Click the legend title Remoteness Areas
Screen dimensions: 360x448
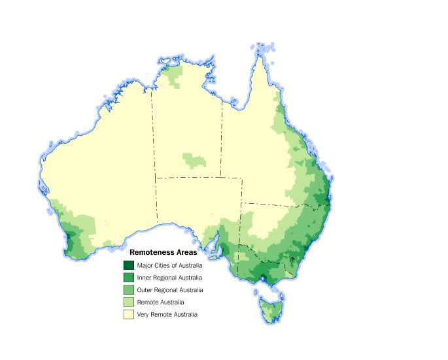point(163,252)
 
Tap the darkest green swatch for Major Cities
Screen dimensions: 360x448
point(129,265)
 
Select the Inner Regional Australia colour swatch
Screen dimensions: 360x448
point(129,278)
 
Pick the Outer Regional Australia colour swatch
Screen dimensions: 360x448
point(129,290)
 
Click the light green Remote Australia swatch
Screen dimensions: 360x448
point(129,302)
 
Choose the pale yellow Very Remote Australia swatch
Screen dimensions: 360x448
point(129,314)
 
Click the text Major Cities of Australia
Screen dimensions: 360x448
point(169,265)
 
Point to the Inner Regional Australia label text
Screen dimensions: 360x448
point(169,278)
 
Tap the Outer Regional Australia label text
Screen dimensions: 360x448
point(170,290)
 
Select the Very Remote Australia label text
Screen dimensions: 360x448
point(167,314)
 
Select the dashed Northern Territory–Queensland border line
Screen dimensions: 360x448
point(221,137)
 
